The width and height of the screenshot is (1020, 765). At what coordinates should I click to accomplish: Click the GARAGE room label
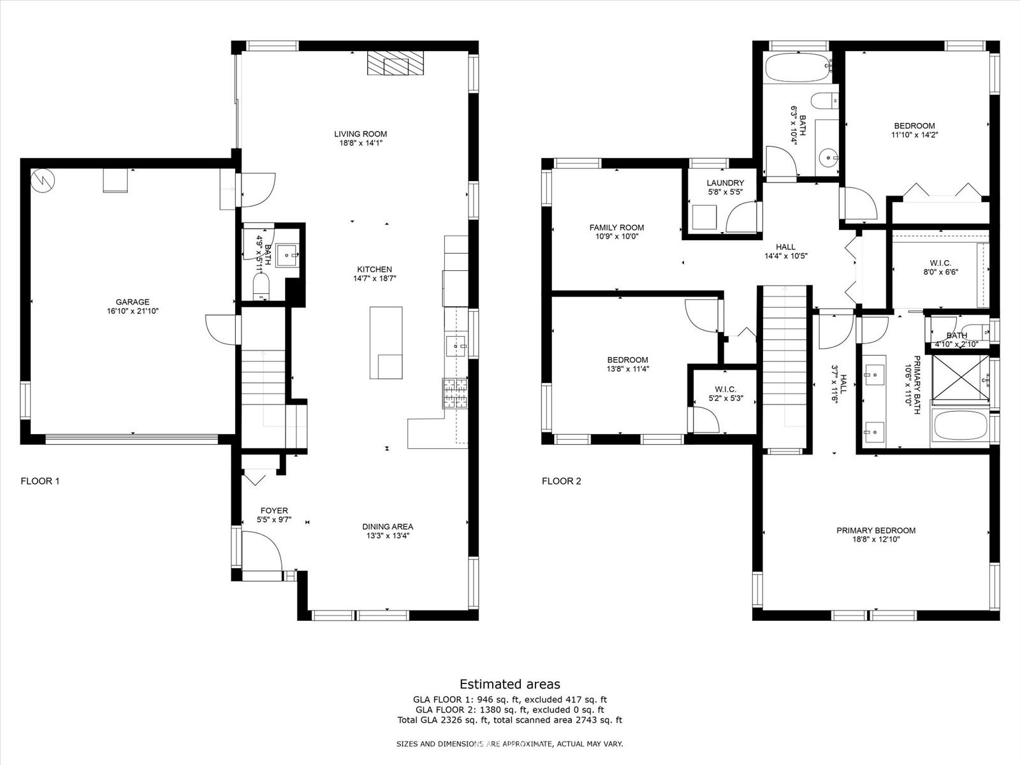[133, 302]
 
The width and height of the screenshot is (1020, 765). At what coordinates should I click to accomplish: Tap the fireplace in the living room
[395, 62]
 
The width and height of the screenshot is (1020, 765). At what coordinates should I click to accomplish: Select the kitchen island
[386, 343]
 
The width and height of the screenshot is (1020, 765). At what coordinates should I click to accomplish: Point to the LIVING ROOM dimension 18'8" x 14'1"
[361, 143]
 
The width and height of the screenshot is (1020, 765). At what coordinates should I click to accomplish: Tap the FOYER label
[274, 511]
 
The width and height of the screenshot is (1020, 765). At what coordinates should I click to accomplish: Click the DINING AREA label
[388, 527]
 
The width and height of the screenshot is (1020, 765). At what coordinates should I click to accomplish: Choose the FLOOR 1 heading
[40, 481]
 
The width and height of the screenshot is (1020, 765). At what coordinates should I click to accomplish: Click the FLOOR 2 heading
[562, 481]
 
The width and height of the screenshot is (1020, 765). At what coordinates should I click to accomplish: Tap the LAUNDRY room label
[725, 183]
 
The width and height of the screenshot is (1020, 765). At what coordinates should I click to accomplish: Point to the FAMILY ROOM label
[616, 228]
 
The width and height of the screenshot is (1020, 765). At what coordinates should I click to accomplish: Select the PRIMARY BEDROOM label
[876, 530]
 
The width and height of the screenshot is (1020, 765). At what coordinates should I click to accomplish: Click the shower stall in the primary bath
[961, 377]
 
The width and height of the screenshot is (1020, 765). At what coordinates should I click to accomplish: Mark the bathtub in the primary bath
[960, 425]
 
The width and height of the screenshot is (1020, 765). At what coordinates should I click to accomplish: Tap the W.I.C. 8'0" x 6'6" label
[940, 268]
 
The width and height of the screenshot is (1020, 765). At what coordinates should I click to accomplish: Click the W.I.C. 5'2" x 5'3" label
[725, 394]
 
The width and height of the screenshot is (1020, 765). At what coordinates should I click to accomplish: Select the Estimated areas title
[510, 684]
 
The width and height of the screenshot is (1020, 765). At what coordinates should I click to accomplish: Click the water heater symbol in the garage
[43, 180]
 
